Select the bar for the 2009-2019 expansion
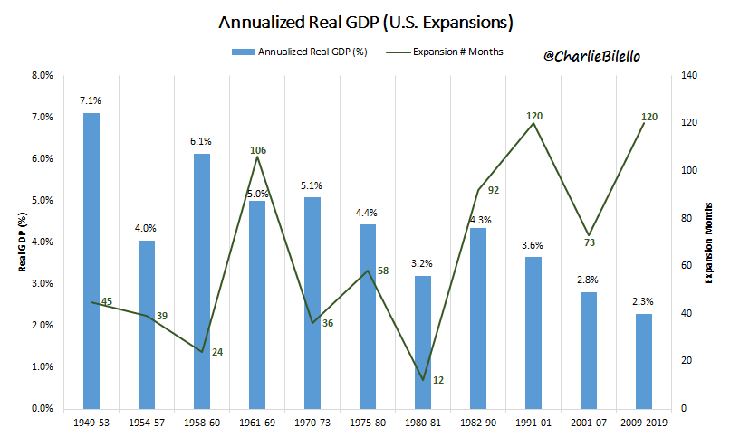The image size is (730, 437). [644, 361]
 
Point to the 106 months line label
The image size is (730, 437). [257, 149]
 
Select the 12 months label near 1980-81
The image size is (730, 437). [438, 380]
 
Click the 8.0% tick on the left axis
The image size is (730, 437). [43, 76]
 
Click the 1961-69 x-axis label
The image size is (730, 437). [257, 423]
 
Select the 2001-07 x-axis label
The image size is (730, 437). [588, 423]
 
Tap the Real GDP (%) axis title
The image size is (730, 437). [19, 242]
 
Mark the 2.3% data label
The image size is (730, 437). [644, 302]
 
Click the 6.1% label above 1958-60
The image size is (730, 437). [202, 141]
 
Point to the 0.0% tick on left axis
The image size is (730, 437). [43, 409]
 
